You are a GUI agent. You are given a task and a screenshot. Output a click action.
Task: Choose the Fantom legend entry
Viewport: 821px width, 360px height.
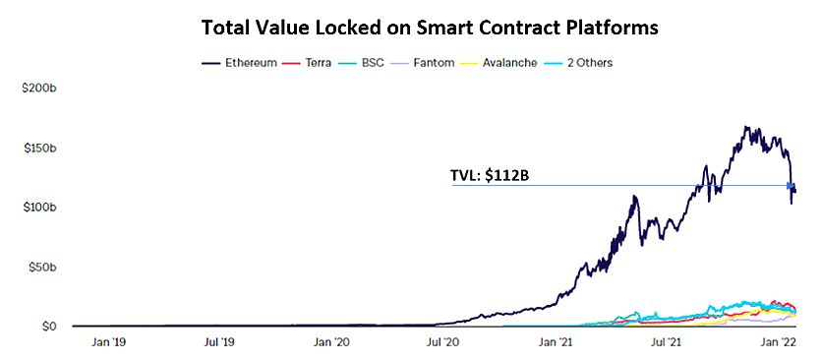coord(432,63)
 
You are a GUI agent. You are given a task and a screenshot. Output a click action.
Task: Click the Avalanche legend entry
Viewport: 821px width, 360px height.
coord(506,63)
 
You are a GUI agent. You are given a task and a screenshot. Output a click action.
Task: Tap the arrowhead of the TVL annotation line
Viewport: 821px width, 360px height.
coord(790,186)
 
